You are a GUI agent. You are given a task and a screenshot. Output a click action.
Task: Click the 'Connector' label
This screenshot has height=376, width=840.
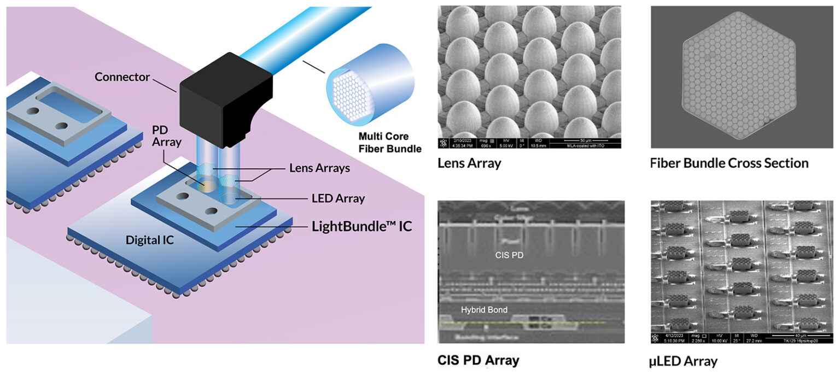pos(122,77)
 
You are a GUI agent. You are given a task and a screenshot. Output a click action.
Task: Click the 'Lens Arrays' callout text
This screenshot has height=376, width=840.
pos(320,169)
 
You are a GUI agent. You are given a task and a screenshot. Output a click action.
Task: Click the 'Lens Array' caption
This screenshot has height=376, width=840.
pos(469,163)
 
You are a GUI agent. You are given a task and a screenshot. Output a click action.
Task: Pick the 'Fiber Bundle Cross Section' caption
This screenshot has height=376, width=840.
pos(729,163)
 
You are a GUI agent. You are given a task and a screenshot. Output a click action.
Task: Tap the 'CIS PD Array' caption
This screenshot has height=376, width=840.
pos(478,360)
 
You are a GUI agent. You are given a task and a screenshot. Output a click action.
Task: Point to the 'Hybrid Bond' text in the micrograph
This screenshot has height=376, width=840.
pos(484,310)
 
